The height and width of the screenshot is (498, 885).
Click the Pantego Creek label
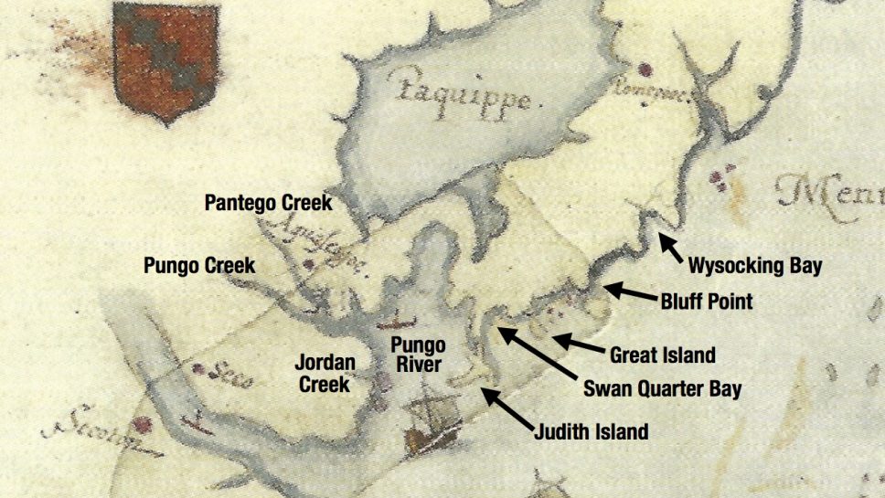269,202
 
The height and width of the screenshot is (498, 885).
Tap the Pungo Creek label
199,266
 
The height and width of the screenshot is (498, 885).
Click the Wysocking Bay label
754,267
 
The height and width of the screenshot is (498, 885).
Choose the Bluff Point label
707,300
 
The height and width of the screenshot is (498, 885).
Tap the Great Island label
662,355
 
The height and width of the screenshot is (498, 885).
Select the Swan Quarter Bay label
662,389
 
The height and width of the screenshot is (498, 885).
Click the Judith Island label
592,431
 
